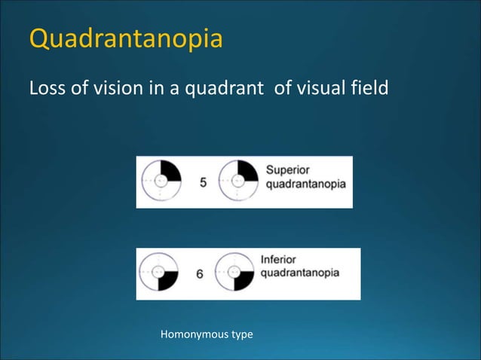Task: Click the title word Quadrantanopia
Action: click(x=126, y=39)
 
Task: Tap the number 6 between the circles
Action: click(x=200, y=274)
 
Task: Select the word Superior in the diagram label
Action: click(x=287, y=169)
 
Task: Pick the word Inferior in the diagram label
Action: click(x=278, y=259)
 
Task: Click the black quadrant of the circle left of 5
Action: click(x=170, y=171)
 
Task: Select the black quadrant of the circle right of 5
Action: click(x=249, y=171)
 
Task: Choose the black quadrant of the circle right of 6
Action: click(x=244, y=282)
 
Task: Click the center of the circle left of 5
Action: click(x=161, y=181)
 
